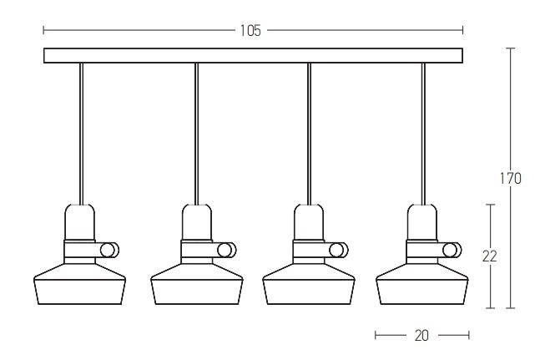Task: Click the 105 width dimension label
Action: pos(250,31)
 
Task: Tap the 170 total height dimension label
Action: pos(511,179)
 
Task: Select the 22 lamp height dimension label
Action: pos(489,256)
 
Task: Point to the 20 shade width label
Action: pos(421,335)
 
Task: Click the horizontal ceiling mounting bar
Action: pos(253,55)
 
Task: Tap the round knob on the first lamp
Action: pos(108,250)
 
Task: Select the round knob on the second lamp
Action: pos(225,250)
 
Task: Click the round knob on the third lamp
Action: pos(336,250)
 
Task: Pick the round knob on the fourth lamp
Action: pos(450,250)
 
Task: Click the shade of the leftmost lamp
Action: pos(79,284)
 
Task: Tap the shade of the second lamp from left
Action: pos(197,284)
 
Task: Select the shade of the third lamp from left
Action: pos(309,284)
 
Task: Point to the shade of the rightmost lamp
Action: pos(422,284)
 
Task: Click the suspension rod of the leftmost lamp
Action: pos(81,134)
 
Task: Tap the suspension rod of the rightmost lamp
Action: pos(424,134)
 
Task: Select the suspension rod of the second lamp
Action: pos(196,134)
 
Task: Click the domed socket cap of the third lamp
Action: pos(309,222)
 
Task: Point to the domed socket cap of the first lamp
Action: pos(79,222)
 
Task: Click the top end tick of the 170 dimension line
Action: pos(511,48)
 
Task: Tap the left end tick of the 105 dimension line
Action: pos(43,30)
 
